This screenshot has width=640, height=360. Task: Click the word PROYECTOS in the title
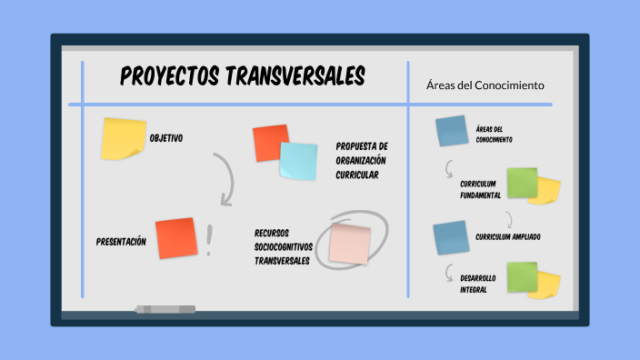[169, 76]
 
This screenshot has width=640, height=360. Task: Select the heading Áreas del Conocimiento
[485, 85]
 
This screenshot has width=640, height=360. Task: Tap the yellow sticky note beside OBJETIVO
[123, 137]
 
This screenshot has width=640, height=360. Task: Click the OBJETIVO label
[165, 138]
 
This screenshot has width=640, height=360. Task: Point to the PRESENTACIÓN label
[121, 242]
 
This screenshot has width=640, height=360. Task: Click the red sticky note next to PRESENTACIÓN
[176, 238]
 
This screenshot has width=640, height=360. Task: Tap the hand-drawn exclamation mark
[210, 240]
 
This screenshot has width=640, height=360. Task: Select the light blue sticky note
[298, 161]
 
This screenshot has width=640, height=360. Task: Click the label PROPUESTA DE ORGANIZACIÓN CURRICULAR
[362, 160]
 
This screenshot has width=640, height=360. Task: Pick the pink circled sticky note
[350, 243]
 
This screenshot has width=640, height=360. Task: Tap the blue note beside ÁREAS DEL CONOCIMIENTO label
[451, 132]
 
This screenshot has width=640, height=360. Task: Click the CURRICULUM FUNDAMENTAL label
[480, 189]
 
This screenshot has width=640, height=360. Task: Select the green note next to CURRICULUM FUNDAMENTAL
[522, 182]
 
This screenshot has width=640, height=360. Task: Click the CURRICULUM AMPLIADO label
[507, 237]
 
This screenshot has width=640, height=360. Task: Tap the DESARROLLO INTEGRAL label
[478, 284]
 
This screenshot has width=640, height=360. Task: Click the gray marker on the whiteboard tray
[165, 310]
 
